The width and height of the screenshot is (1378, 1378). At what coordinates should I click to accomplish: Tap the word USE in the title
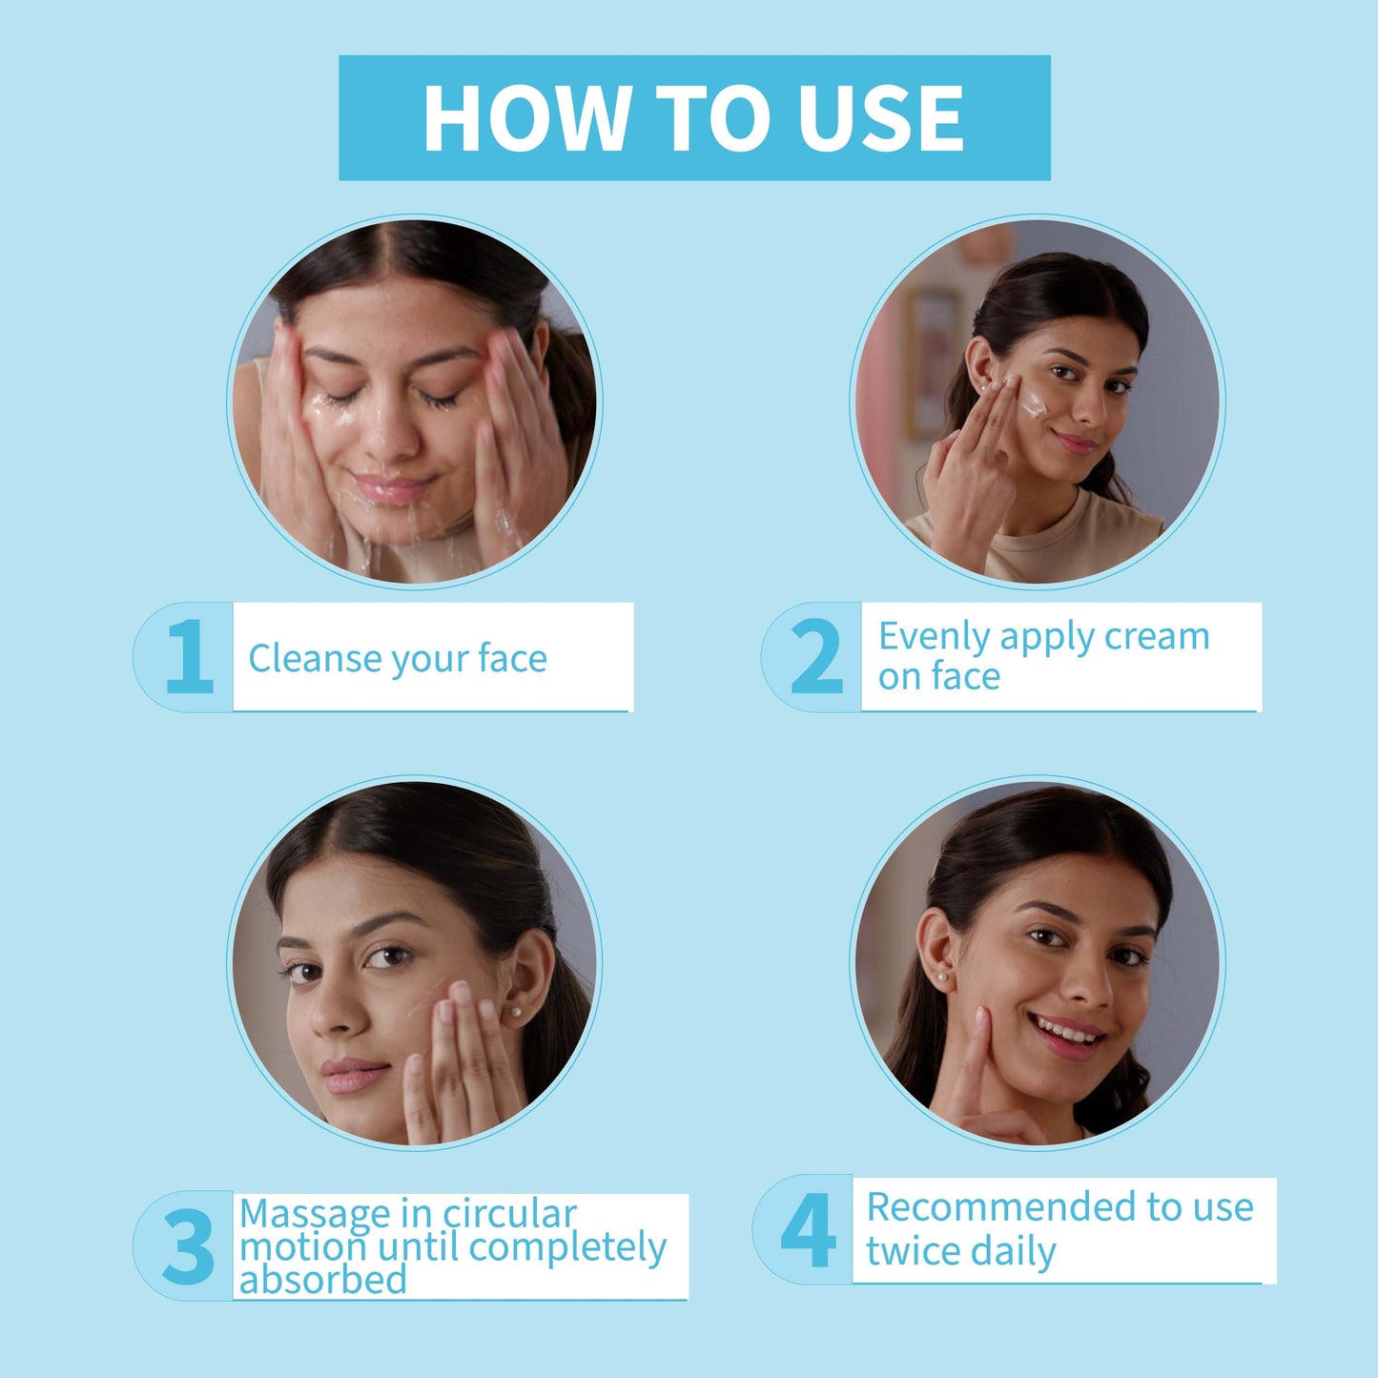tap(881, 118)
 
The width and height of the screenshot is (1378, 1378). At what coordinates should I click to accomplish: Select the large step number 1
tap(190, 656)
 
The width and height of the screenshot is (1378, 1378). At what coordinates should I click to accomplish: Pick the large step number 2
tap(817, 656)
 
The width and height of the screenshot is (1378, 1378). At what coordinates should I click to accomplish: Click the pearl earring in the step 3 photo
tap(513, 1013)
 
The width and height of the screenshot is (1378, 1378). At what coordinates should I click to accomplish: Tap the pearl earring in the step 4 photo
tap(942, 977)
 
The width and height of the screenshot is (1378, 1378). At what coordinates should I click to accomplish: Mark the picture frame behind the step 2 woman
tap(931, 363)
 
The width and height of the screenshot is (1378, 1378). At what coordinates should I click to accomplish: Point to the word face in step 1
tap(513, 658)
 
